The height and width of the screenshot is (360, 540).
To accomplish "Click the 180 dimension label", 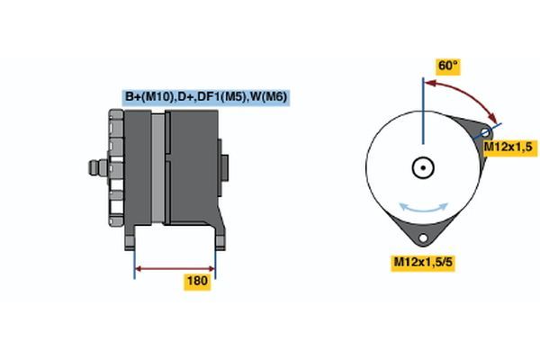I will tap(197, 282).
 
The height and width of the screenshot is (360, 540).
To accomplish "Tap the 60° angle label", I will tap(447, 66).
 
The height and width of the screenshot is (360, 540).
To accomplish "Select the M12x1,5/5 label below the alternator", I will tap(420, 262).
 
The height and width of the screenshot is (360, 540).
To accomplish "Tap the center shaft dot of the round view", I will tap(421, 167).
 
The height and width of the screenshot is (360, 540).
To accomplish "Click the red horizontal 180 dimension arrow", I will tap(175, 267).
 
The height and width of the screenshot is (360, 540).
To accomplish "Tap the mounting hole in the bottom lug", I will tap(421, 238).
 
